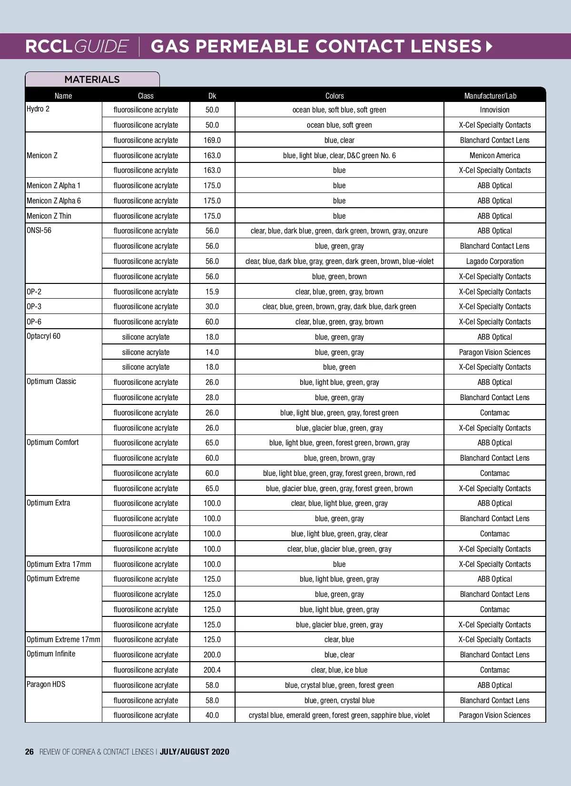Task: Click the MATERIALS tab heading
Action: coord(92,80)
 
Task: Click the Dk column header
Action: coord(212,96)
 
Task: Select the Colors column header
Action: coord(335,96)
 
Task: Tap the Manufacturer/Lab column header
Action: coord(490,96)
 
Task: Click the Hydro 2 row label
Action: coord(38,109)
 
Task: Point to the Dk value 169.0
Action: coord(212,140)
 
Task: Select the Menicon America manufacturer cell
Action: coord(494,155)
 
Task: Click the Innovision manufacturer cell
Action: coord(494,110)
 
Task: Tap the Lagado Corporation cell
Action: coord(494,261)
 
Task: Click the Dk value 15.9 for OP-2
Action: coord(212,292)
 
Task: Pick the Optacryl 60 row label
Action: coord(44,336)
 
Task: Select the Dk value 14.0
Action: coord(212,352)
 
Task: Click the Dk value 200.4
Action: coord(212,670)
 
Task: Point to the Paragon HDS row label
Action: coord(46,685)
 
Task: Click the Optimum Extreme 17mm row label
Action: coord(63,639)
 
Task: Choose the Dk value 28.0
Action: coord(212,397)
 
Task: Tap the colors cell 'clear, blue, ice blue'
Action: coord(339,670)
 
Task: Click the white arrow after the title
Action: coord(489,47)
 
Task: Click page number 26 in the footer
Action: coord(30,752)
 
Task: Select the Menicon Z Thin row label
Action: coord(49,216)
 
